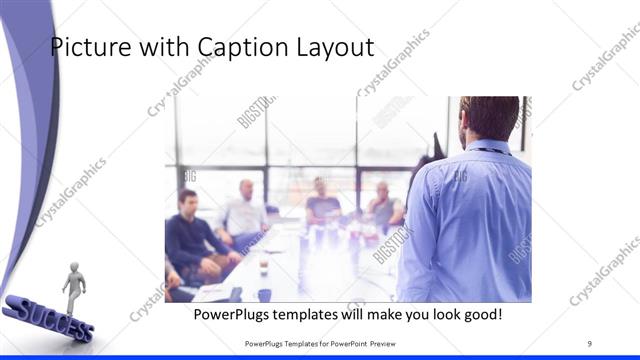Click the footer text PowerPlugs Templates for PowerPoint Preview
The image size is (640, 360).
(320, 344)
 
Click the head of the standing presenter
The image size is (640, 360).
(489, 119)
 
